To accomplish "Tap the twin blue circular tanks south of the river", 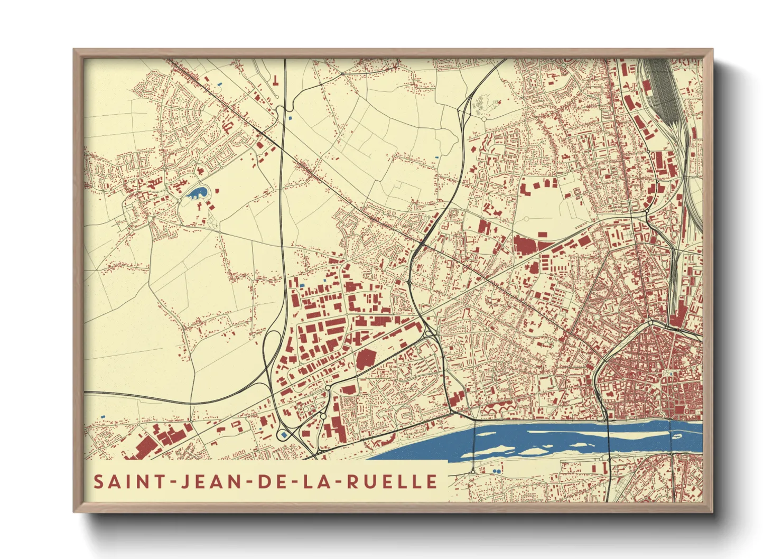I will point(497,470).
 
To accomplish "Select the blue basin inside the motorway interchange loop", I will point(284,434).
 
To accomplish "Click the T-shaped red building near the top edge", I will point(276,80).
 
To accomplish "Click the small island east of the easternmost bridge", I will point(678,436).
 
